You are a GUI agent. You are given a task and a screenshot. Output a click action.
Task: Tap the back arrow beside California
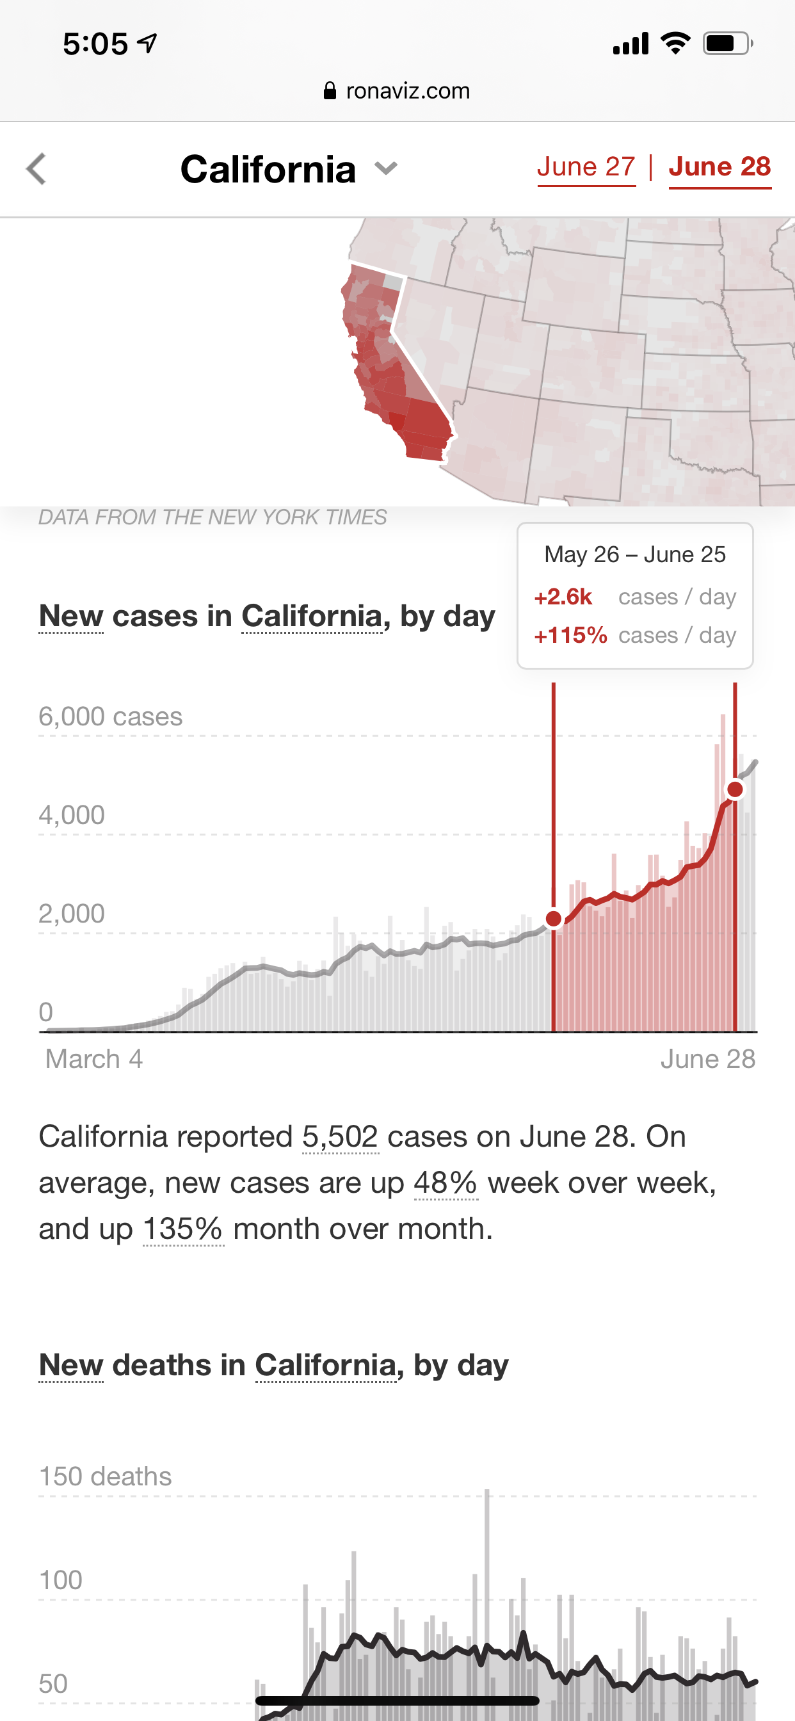click(36, 168)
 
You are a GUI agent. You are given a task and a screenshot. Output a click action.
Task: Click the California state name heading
click(268, 169)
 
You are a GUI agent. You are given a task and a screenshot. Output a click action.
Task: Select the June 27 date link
click(586, 167)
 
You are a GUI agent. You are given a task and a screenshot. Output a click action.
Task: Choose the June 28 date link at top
click(719, 167)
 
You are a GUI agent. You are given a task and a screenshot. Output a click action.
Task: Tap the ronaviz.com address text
click(408, 91)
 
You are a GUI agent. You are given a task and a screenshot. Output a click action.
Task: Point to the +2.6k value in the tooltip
click(563, 597)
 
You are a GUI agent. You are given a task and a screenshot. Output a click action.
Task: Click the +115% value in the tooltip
click(570, 634)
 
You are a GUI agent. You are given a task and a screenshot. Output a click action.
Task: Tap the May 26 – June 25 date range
click(635, 554)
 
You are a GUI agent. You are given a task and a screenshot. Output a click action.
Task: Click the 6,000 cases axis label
click(110, 717)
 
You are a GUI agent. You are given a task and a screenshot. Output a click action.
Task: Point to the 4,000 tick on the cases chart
click(72, 815)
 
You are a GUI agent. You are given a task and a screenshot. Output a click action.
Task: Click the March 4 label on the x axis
click(93, 1059)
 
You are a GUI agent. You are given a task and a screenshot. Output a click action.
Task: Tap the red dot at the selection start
click(554, 919)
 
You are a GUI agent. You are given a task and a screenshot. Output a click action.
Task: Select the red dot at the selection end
click(735, 789)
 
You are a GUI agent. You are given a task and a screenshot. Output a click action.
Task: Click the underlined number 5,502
click(340, 1136)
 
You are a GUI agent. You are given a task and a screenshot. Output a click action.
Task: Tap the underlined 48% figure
click(446, 1183)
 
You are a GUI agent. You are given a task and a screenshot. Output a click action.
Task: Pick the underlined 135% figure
click(183, 1229)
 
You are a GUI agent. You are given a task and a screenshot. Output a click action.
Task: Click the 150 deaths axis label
click(105, 1476)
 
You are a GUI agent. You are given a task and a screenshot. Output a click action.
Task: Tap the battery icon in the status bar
click(727, 44)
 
